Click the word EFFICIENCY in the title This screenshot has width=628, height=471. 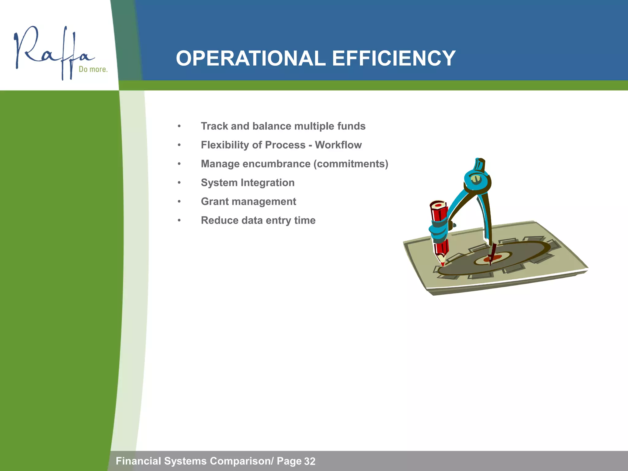pos(394,58)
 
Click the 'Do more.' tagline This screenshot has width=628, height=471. pos(93,69)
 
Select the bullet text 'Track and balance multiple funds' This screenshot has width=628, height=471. pos(283,126)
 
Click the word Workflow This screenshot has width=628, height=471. pos(338,145)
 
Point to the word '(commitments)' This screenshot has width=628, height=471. pos(351,164)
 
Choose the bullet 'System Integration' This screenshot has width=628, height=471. pos(247,183)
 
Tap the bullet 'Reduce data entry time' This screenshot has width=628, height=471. pos(258,220)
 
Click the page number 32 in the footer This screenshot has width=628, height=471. pos(310,461)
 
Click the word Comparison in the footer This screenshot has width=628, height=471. pos(240,461)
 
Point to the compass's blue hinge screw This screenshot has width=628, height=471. pos(476,179)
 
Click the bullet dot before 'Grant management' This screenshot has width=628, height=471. pos(179,202)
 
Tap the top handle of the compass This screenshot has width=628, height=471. pos(479,164)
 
